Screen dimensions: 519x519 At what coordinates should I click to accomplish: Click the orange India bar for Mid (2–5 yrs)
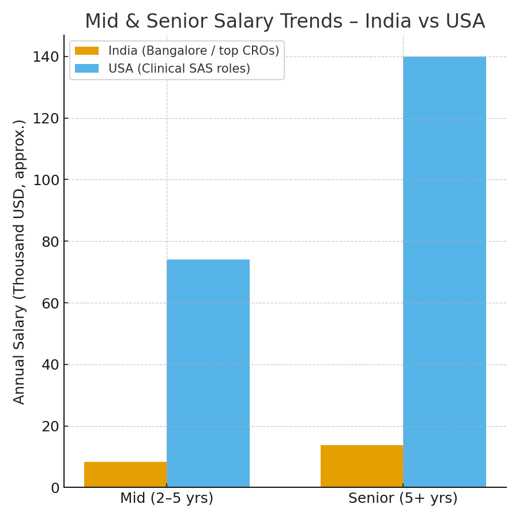126,475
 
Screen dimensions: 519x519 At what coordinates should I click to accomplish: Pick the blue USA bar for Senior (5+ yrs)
444,272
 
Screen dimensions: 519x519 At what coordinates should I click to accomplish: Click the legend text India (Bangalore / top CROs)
194,51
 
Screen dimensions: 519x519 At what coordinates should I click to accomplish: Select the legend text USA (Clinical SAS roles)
179,69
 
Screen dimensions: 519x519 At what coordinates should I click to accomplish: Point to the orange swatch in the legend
86,51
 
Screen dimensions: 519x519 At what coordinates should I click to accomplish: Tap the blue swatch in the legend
86,69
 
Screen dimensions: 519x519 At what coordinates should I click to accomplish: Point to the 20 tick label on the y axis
51,426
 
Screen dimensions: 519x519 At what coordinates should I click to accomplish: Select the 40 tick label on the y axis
51,364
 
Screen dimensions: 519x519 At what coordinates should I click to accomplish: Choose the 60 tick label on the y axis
51,303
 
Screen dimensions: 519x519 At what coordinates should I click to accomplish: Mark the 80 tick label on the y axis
51,241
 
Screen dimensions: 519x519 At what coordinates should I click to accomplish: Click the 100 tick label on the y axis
46,180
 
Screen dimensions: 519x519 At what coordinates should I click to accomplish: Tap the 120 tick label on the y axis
46,118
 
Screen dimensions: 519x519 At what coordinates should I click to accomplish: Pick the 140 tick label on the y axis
46,57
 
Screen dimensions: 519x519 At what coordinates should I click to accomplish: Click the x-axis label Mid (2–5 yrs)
167,498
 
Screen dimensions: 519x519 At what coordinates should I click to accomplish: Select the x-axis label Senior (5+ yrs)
403,498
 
